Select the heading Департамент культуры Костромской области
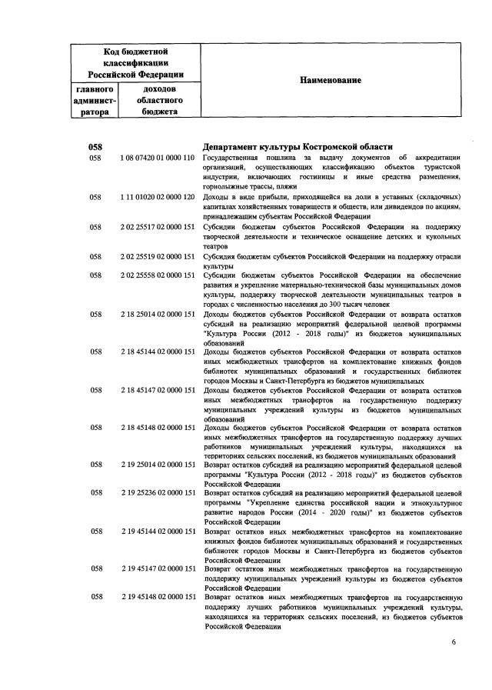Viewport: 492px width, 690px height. (297, 147)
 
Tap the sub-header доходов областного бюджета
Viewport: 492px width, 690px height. (159, 101)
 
